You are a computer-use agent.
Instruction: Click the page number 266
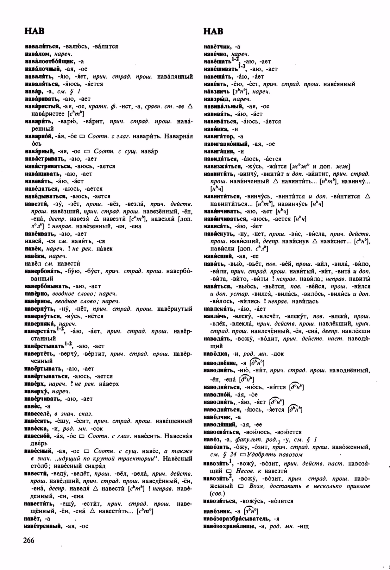tap(28, 540)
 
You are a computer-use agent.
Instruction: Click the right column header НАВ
tap(213, 31)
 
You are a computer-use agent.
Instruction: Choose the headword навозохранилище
tap(230, 527)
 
